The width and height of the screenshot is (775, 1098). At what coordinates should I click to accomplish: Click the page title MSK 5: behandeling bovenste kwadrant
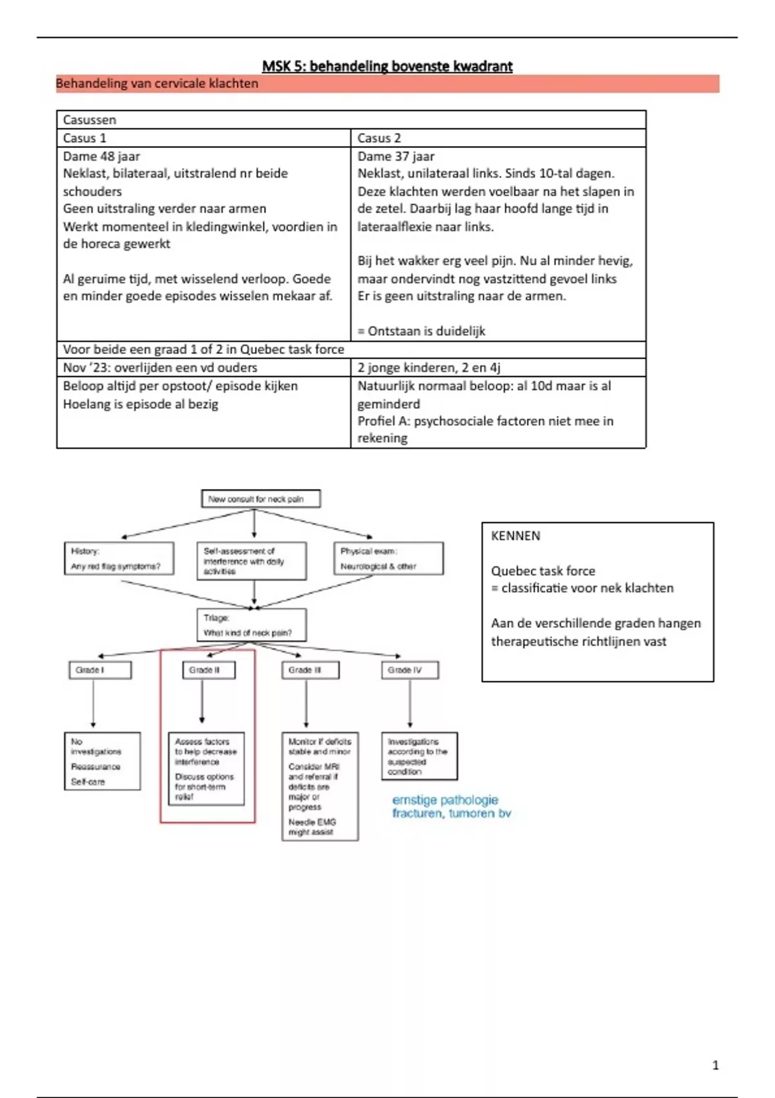387,66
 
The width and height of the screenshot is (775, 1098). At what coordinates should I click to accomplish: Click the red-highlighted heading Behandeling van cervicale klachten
157,83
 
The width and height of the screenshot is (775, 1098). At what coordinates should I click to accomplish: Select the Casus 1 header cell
203,138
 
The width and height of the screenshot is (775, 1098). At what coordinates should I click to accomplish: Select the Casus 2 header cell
497,138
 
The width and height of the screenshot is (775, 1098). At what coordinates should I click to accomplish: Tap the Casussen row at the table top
351,120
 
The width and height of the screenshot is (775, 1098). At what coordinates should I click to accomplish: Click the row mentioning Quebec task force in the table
351,349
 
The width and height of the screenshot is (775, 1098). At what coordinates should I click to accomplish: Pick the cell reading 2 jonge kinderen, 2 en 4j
497,368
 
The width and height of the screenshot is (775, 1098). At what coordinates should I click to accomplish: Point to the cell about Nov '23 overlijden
203,368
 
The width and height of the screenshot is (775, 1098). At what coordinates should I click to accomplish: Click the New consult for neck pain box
261,499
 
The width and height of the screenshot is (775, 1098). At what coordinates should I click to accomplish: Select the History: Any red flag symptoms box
119,559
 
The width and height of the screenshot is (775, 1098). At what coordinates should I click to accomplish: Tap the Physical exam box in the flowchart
389,559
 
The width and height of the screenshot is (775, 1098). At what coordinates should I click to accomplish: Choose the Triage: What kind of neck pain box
251,625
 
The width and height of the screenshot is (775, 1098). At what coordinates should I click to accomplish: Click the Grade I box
99,670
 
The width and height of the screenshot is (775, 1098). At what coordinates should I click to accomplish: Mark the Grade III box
310,670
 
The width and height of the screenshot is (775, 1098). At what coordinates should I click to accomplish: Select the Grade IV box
409,670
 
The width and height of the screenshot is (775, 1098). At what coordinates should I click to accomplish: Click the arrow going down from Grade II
202,701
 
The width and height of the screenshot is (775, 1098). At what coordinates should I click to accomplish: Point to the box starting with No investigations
102,761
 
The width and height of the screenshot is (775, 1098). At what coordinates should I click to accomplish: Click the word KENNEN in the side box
515,535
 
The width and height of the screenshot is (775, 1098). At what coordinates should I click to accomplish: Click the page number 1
715,1065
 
